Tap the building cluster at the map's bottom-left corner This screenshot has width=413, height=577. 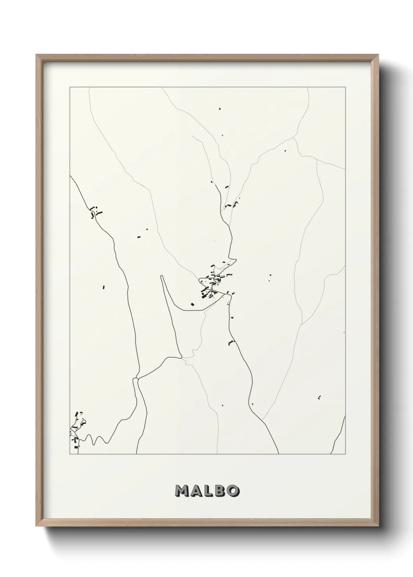pyautogui.click(x=78, y=429)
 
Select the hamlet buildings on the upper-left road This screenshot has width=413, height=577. pyautogui.click(x=94, y=212)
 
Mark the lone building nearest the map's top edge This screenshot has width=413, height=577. pyautogui.click(x=219, y=109)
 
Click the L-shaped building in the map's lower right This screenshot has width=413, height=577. pyautogui.click(x=319, y=397)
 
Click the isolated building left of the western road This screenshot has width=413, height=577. pyautogui.click(x=104, y=287)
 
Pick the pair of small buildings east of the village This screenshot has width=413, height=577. pyautogui.click(x=270, y=277)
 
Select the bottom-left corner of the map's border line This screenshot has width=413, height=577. pyautogui.click(x=70, y=454)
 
